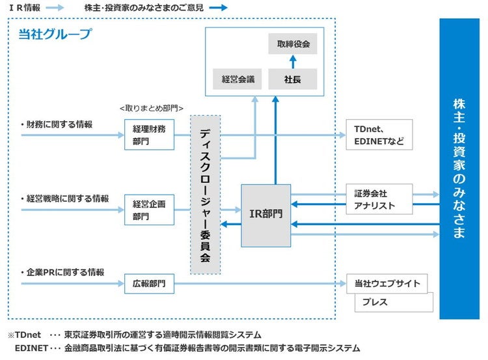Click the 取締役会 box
click(x=293, y=44)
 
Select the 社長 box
click(x=293, y=79)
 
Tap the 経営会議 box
click(x=237, y=79)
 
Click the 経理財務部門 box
click(x=149, y=135)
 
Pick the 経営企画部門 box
click(x=149, y=210)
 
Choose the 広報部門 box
click(x=149, y=284)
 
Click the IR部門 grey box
click(x=265, y=215)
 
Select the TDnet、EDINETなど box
click(x=379, y=135)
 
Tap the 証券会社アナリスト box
click(x=379, y=199)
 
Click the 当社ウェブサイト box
click(x=387, y=284)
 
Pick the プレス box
click(x=393, y=303)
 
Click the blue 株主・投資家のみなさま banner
click(x=460, y=169)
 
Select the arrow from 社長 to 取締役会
click(x=293, y=62)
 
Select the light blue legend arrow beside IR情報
click(x=55, y=8)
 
